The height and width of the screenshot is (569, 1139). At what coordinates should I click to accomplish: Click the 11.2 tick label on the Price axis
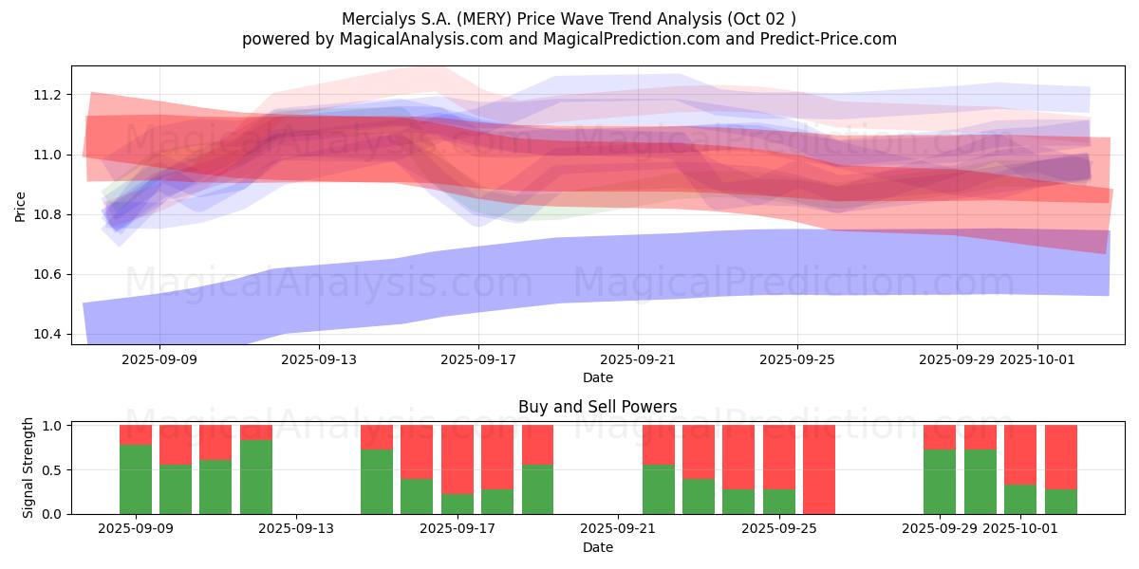[x=47, y=95]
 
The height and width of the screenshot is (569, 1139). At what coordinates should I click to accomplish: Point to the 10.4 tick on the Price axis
[x=47, y=334]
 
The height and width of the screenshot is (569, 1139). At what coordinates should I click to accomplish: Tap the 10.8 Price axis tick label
[x=47, y=214]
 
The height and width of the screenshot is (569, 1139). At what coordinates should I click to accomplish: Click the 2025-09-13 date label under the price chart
[x=318, y=359]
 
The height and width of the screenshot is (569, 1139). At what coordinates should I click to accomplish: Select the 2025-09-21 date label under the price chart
[x=637, y=359]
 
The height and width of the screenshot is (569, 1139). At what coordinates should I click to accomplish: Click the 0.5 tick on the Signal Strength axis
[x=52, y=469]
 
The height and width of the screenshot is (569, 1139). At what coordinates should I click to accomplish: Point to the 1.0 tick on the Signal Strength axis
[x=52, y=426]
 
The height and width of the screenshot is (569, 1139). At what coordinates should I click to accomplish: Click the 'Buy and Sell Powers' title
[x=597, y=407]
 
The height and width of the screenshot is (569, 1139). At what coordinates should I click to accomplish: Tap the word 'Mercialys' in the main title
[x=373, y=18]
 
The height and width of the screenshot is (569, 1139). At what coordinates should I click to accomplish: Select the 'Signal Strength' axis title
[x=28, y=468]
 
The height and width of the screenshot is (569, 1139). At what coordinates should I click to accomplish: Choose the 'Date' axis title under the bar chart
[x=597, y=547]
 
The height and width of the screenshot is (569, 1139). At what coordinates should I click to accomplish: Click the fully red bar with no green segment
[x=819, y=469]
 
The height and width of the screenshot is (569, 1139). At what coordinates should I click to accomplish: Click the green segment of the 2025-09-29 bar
[x=940, y=482]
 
